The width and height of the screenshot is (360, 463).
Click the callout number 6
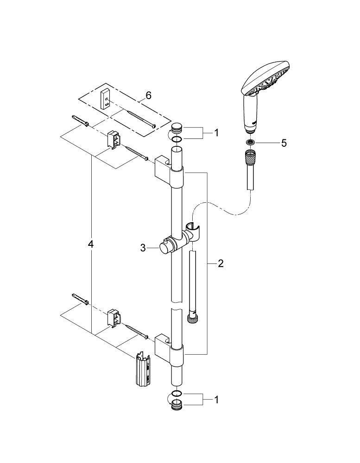[x=148, y=95]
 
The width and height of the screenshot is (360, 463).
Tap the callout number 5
[x=284, y=143]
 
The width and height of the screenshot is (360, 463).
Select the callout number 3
[x=143, y=248]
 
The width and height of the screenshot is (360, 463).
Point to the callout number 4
[x=91, y=244]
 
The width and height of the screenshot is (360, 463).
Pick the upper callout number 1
[x=215, y=132]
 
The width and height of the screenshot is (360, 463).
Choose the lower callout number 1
[x=215, y=398]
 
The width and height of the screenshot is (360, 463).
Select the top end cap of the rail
[x=177, y=128]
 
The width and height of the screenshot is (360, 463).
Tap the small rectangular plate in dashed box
[x=106, y=99]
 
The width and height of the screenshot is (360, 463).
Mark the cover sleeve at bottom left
[x=144, y=369]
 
